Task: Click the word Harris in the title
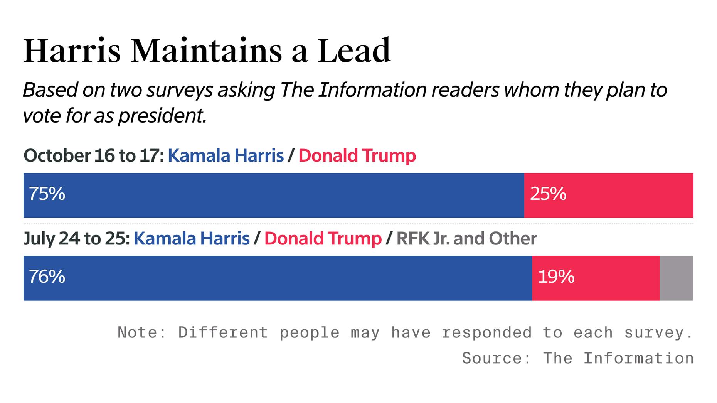pyautogui.click(x=72, y=51)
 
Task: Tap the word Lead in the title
pyautogui.click(x=354, y=51)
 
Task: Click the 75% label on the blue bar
pyautogui.click(x=47, y=194)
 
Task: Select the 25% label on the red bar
pyautogui.click(x=548, y=194)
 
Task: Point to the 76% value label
pyautogui.click(x=47, y=277)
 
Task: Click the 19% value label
pyautogui.click(x=556, y=277)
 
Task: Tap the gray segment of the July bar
pyautogui.click(x=676, y=278)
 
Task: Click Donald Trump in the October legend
pyautogui.click(x=357, y=156)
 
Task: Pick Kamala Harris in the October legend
pyautogui.click(x=226, y=156)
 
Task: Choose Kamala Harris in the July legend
pyautogui.click(x=192, y=239)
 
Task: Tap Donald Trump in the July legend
pyautogui.click(x=323, y=239)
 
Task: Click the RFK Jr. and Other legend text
pyautogui.click(x=466, y=239)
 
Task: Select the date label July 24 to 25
pyautogui.click(x=76, y=239)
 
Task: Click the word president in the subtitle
pyautogui.click(x=162, y=116)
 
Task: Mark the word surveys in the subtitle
pyautogui.click(x=180, y=90)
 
